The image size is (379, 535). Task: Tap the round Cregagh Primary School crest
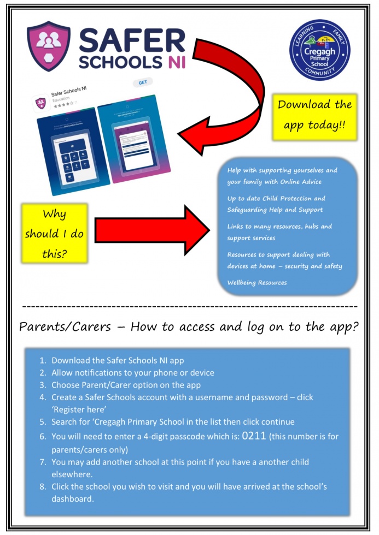point(319,50)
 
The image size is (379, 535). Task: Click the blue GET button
point(143,82)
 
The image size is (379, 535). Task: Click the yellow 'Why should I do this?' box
point(55,234)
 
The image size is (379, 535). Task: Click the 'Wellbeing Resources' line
point(257,283)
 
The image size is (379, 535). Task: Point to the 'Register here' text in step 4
point(77,409)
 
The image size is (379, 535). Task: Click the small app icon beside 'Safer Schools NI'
point(40,102)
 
